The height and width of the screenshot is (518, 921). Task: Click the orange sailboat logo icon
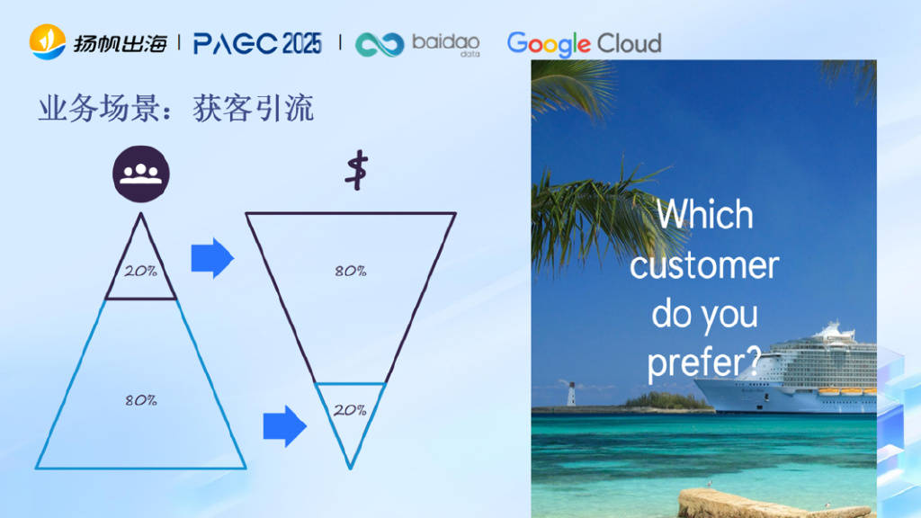48,41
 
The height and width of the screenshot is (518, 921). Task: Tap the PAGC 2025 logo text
257,43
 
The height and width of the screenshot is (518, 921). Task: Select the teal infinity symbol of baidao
380,45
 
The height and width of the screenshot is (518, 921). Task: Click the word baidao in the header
446,41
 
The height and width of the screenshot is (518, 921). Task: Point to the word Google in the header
549,44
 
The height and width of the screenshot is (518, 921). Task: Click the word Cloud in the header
629,43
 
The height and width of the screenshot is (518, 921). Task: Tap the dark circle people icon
141,174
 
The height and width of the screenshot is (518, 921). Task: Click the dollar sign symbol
356,170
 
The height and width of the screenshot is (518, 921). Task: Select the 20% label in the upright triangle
140,271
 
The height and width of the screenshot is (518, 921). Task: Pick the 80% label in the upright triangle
141,400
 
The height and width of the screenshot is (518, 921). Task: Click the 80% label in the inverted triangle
351,271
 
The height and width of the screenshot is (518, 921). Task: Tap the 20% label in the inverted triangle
350,410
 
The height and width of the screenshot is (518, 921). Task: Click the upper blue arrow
212,258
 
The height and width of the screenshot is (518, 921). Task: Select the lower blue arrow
285,426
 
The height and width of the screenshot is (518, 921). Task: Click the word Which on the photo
705,214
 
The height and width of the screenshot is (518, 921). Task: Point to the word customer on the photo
704,265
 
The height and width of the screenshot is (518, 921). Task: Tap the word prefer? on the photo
704,362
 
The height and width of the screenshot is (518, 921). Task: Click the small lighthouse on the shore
571,394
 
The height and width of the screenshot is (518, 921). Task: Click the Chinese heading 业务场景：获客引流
176,109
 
